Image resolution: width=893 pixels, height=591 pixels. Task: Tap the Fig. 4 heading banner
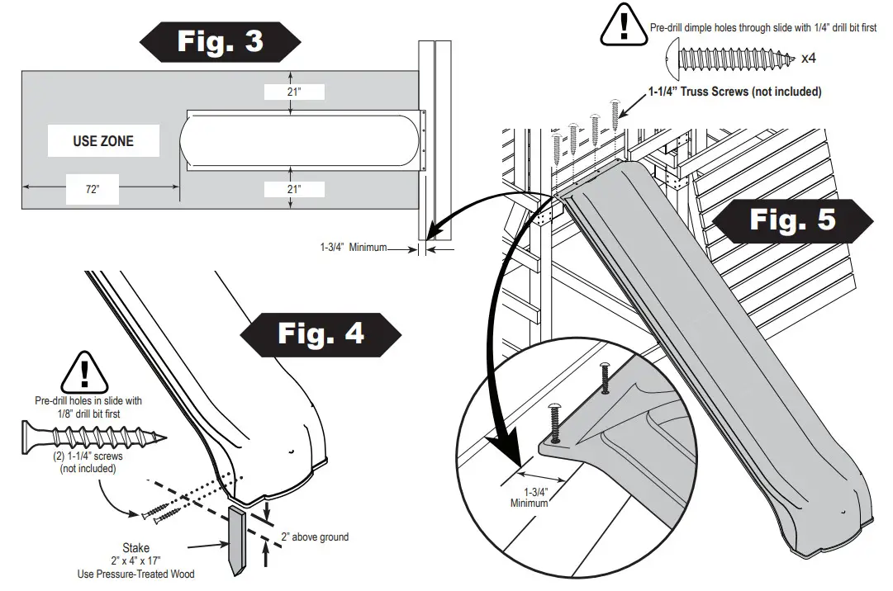(321, 334)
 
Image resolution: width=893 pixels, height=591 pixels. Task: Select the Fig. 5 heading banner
(792, 219)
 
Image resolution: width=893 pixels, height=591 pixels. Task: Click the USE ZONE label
(102, 141)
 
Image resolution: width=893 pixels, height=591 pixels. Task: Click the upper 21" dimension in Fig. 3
(294, 92)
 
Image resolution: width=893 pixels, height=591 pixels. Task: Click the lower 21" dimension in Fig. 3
(294, 190)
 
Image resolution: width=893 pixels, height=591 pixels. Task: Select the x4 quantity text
(810, 59)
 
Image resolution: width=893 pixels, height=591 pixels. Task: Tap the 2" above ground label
(314, 537)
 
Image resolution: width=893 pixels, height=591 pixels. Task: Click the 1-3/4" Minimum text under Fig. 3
(354, 247)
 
